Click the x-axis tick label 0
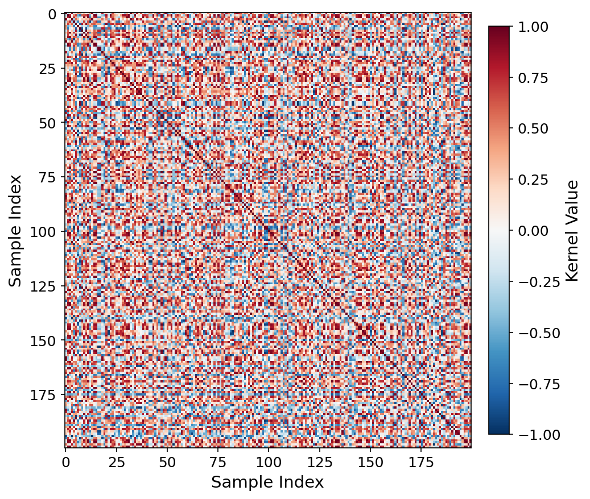click(66, 461)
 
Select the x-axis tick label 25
click(117, 461)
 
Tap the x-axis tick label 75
click(218, 461)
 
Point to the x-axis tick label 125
click(319, 461)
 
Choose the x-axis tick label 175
click(421, 461)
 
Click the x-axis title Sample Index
click(267, 483)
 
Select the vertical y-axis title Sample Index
click(15, 231)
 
